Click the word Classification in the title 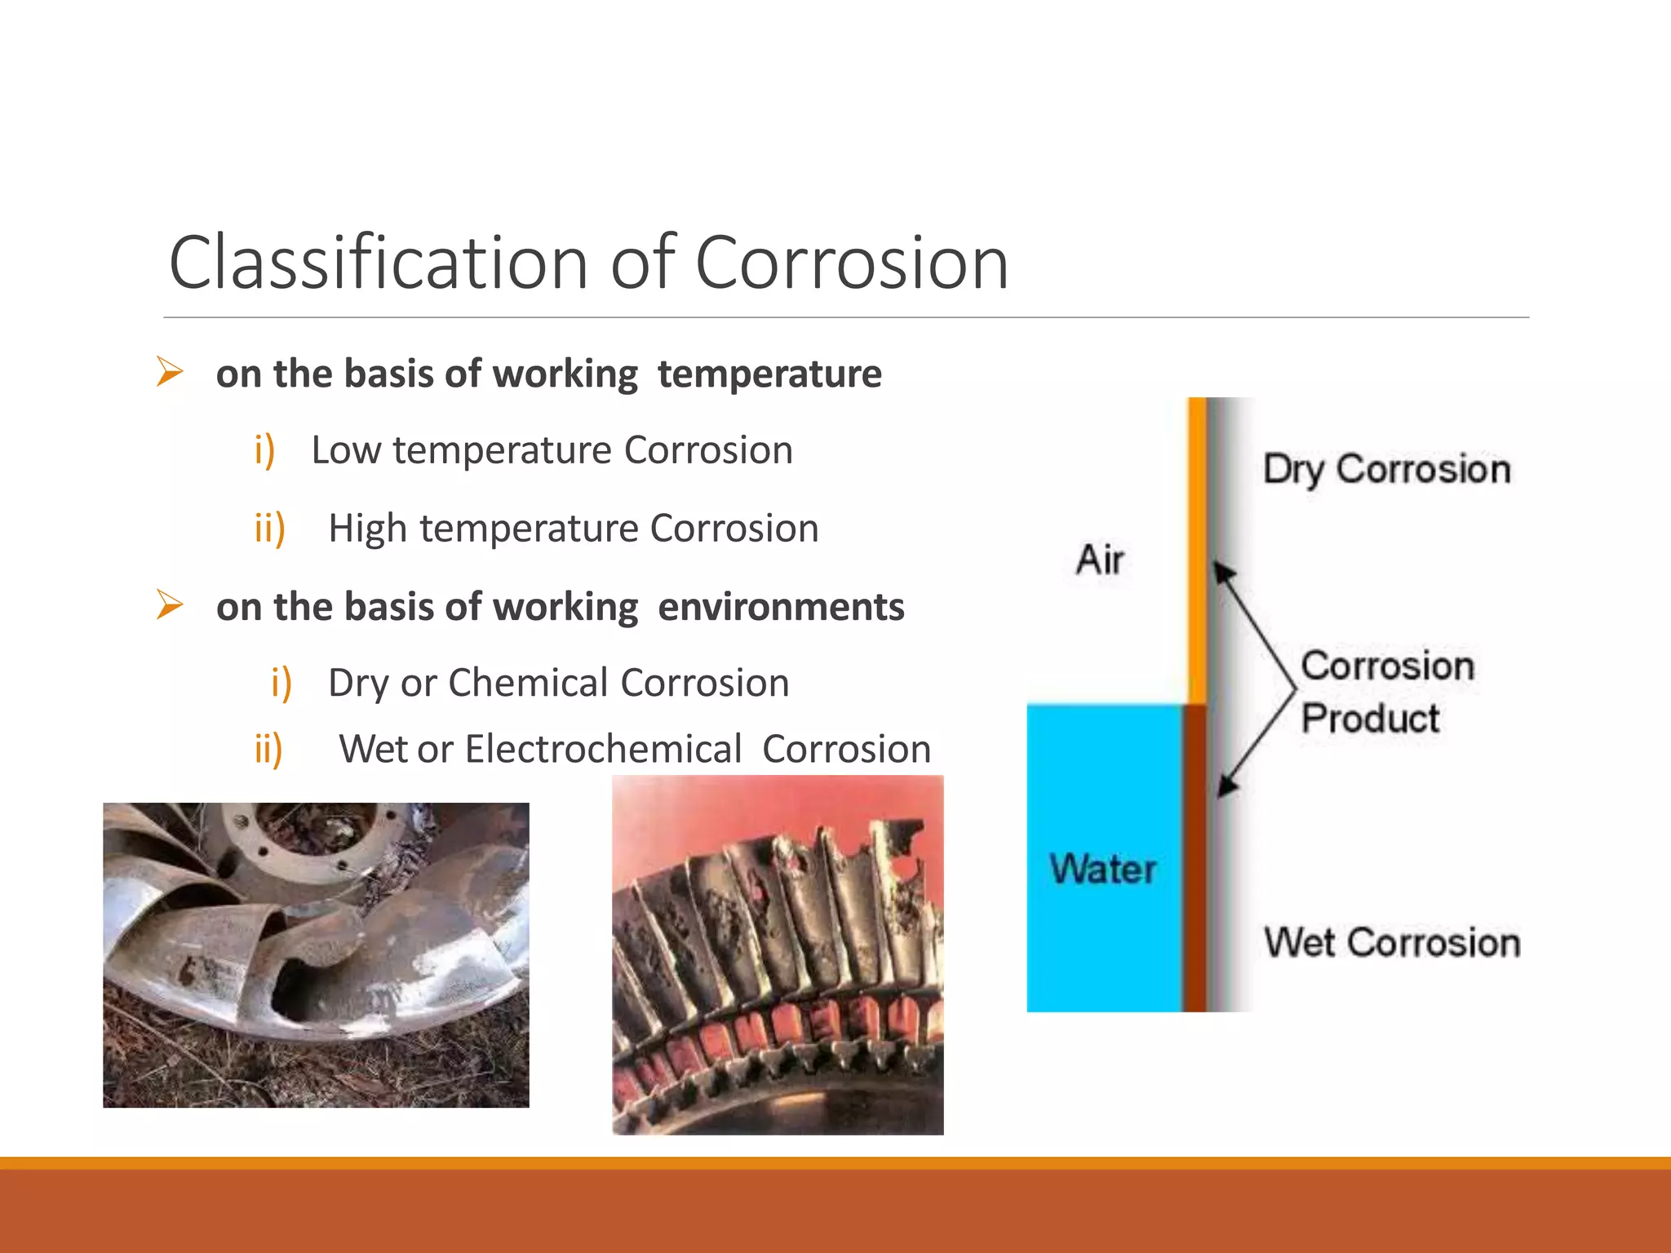pyautogui.click(x=378, y=263)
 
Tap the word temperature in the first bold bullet pyautogui.click(x=769, y=374)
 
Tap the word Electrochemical pyautogui.click(x=603, y=749)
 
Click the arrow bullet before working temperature pyautogui.click(x=170, y=372)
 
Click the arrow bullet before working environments pyautogui.click(x=170, y=605)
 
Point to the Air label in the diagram pyautogui.click(x=1100, y=560)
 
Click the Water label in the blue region pyautogui.click(x=1103, y=869)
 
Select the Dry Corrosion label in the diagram pyautogui.click(x=1386, y=469)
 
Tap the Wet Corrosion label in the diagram pyautogui.click(x=1392, y=942)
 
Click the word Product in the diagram pyautogui.click(x=1370, y=719)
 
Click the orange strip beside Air pyautogui.click(x=1196, y=547)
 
